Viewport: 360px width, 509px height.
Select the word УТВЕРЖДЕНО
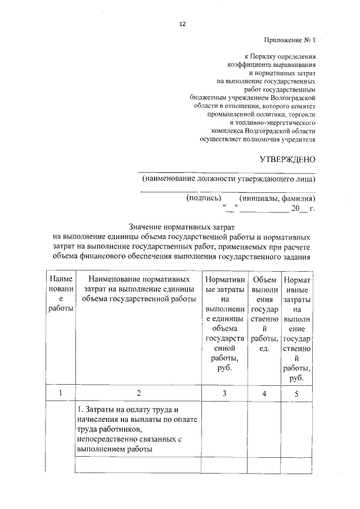pyautogui.click(x=287, y=160)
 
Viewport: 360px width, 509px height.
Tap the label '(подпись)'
pyautogui.click(x=203, y=198)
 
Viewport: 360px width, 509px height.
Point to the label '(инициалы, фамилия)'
pyautogui.click(x=277, y=198)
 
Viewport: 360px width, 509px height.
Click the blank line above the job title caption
pyautogui.click(x=227, y=172)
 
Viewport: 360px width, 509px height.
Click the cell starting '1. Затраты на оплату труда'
pyautogui.click(x=137, y=429)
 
